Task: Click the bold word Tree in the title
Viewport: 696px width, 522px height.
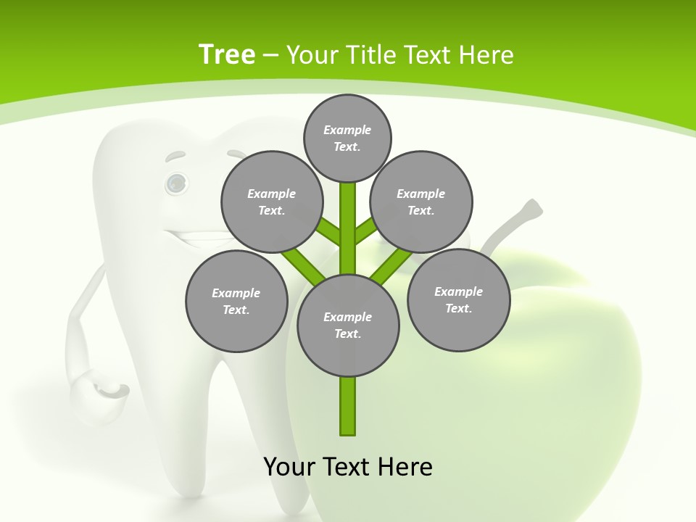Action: (x=227, y=54)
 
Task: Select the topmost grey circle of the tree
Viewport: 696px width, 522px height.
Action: (x=347, y=138)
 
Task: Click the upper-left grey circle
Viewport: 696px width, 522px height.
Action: (x=272, y=202)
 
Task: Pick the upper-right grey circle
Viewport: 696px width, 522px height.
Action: (x=421, y=202)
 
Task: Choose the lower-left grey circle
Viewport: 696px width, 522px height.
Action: (x=236, y=302)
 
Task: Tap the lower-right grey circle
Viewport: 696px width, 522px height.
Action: (x=458, y=300)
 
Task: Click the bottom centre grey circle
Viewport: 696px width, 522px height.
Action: (x=348, y=326)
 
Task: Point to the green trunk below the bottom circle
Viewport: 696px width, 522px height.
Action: (x=348, y=406)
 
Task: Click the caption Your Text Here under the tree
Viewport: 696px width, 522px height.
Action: (x=348, y=466)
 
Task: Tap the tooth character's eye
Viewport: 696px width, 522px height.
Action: (x=175, y=183)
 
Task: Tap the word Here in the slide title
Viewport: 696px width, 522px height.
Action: (x=486, y=55)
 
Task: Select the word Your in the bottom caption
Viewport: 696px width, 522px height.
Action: (x=289, y=466)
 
